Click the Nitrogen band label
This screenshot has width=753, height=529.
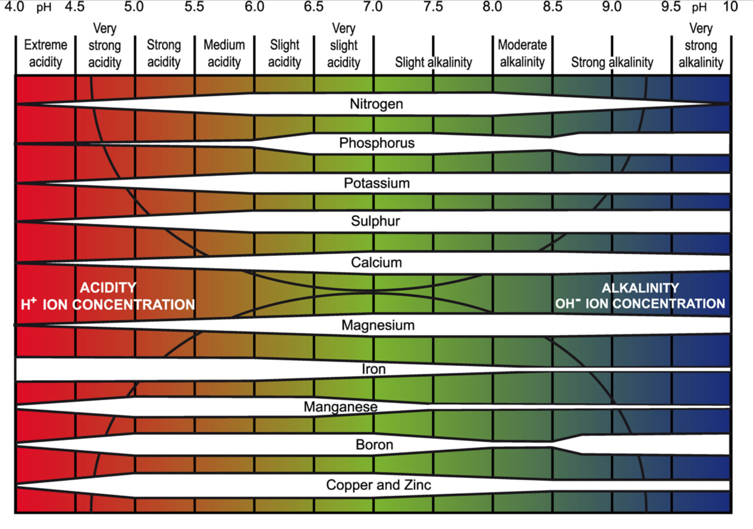[376, 104]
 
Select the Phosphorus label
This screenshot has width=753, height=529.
[376, 143]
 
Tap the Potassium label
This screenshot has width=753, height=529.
[376, 183]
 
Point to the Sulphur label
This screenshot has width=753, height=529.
[375, 221]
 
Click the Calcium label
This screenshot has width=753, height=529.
[376, 262]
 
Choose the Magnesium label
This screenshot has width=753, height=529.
[378, 325]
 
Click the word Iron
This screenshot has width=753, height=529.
[374, 369]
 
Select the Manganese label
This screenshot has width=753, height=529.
[340, 407]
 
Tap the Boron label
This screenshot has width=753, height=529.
[374, 444]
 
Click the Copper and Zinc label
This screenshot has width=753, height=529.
[378, 485]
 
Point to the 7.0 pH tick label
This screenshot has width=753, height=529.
[373, 7]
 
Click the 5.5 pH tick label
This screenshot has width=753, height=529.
[194, 7]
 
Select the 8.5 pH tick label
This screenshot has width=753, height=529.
[553, 7]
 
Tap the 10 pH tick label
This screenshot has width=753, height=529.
[730, 7]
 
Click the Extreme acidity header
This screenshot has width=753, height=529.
[45, 53]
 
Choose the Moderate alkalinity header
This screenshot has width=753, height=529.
[522, 53]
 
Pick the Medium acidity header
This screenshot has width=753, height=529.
[224, 53]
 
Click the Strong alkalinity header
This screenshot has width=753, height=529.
[612, 62]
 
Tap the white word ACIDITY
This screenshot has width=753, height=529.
[108, 287]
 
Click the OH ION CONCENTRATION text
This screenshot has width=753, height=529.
[640, 304]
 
